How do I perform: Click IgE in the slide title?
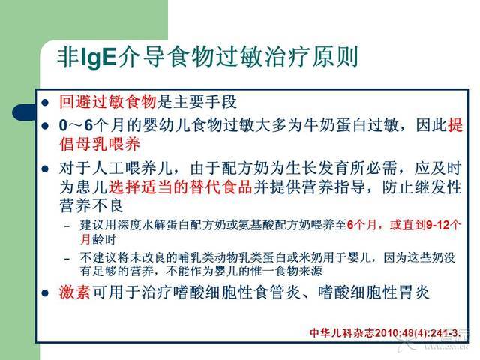98,57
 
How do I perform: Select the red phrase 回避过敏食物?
108,102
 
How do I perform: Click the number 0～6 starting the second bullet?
76,125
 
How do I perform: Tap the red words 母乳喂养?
108,144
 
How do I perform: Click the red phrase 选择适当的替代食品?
180,187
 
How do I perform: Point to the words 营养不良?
91,205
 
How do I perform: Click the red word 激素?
75,292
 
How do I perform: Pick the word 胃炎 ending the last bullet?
415,292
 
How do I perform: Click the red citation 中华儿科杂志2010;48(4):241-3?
385,333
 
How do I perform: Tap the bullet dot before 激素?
45,293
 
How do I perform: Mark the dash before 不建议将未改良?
67,259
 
